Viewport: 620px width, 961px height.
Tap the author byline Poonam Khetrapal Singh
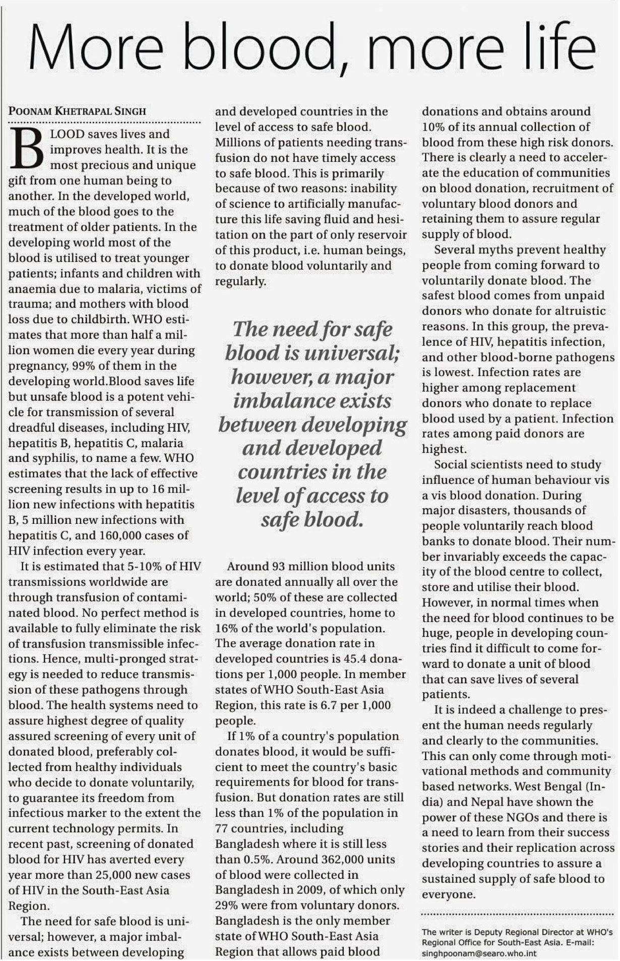pyautogui.click(x=77, y=111)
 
